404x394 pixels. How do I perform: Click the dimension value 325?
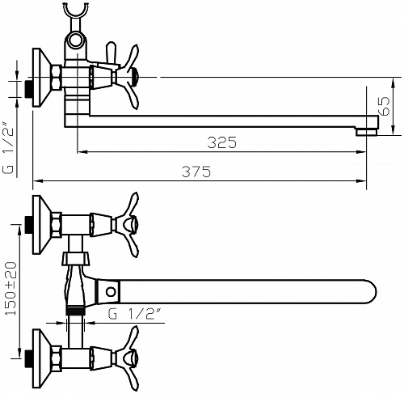pos(222,142)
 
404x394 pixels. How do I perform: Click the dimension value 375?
pos(196,172)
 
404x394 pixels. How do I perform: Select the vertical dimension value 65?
pos(384,106)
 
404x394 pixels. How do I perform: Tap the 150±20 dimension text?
pos(11,288)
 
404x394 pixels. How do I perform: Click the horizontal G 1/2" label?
pos(134,314)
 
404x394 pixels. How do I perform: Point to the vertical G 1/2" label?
pos(8,148)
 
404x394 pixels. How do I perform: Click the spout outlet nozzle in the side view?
pos(366,132)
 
